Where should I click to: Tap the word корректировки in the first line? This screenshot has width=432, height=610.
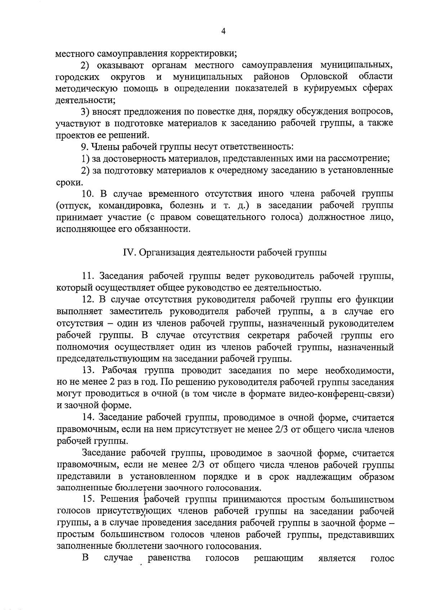coord(203,54)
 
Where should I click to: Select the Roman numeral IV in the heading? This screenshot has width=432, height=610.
coord(129,252)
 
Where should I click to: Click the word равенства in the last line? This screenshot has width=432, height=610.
coord(169,558)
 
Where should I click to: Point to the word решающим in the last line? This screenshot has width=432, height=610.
coord(278,558)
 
